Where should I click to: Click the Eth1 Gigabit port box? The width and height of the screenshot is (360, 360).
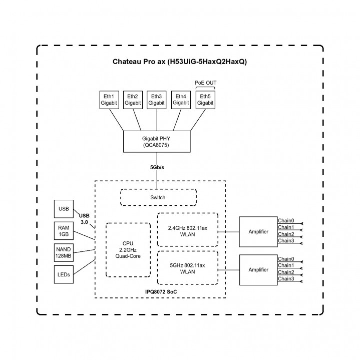click(x=108, y=99)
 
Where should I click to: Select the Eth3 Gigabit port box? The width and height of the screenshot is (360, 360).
click(x=157, y=99)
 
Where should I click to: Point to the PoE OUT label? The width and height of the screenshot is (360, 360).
click(x=205, y=83)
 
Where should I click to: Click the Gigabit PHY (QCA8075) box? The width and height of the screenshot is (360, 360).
click(x=157, y=142)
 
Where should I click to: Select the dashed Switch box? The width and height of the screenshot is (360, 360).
click(x=158, y=197)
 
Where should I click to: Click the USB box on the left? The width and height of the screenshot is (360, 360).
click(x=64, y=209)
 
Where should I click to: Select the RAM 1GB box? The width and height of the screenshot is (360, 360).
click(x=64, y=231)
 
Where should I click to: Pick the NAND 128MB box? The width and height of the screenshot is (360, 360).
click(x=64, y=253)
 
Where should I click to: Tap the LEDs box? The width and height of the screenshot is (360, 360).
click(x=64, y=274)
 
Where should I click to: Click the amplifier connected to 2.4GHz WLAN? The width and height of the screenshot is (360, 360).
click(x=258, y=232)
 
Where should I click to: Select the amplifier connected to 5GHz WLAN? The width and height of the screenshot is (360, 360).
click(x=258, y=269)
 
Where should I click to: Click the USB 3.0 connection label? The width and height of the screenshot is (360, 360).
click(x=85, y=218)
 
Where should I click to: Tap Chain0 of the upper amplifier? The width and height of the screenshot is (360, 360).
click(x=286, y=220)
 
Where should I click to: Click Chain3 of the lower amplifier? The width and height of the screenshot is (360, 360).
click(x=286, y=278)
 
